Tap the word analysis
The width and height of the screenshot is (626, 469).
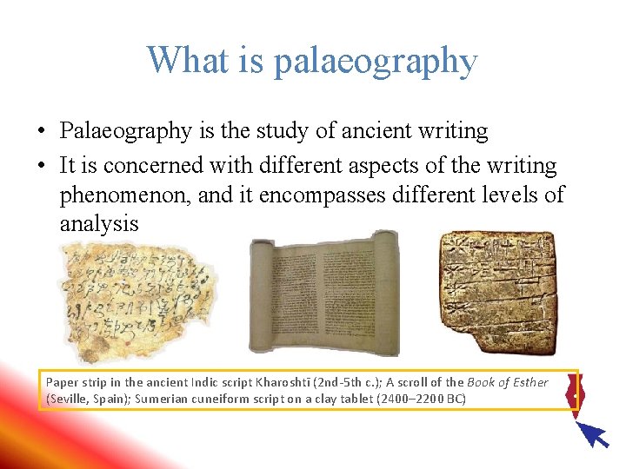[99, 224]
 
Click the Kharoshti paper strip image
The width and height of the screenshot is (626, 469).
[137, 301]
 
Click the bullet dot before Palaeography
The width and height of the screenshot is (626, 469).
[42, 132]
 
